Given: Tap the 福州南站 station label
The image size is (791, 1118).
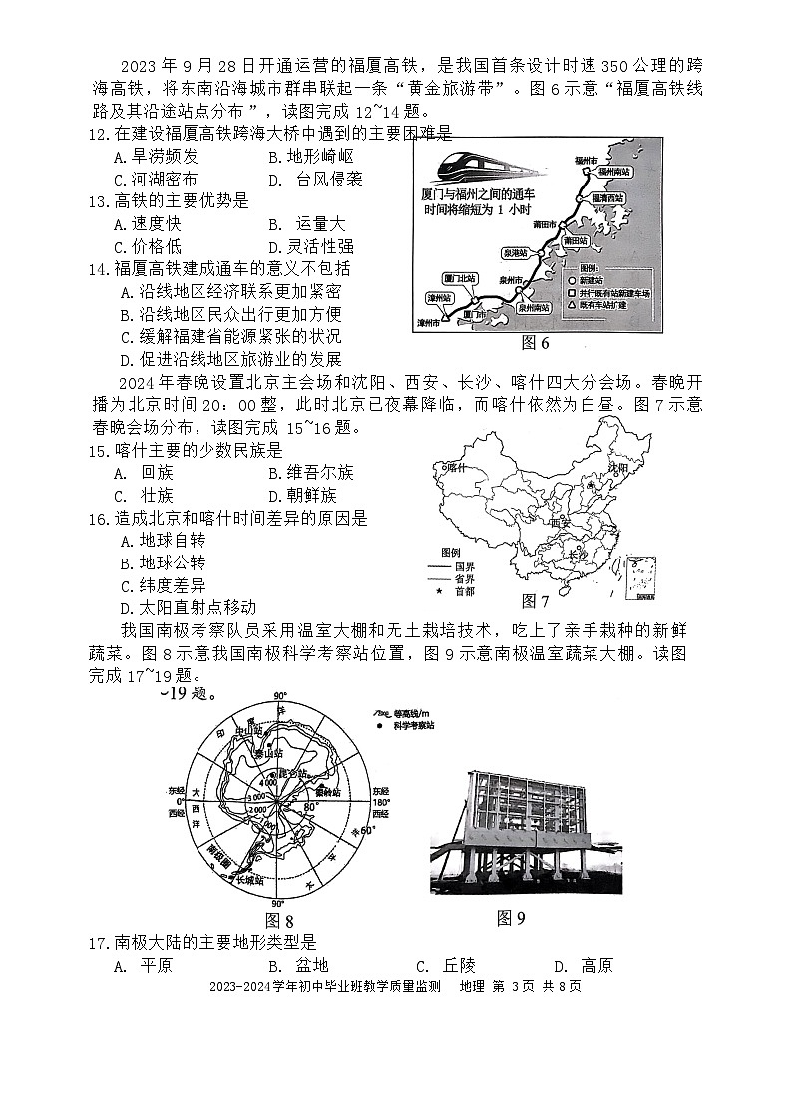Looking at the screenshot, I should coord(609,173).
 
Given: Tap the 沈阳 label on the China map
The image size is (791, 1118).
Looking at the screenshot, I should coord(618,467).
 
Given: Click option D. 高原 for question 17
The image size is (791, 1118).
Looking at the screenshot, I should coord(583,965).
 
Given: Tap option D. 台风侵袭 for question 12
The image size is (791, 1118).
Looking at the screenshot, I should coord(315,180).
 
